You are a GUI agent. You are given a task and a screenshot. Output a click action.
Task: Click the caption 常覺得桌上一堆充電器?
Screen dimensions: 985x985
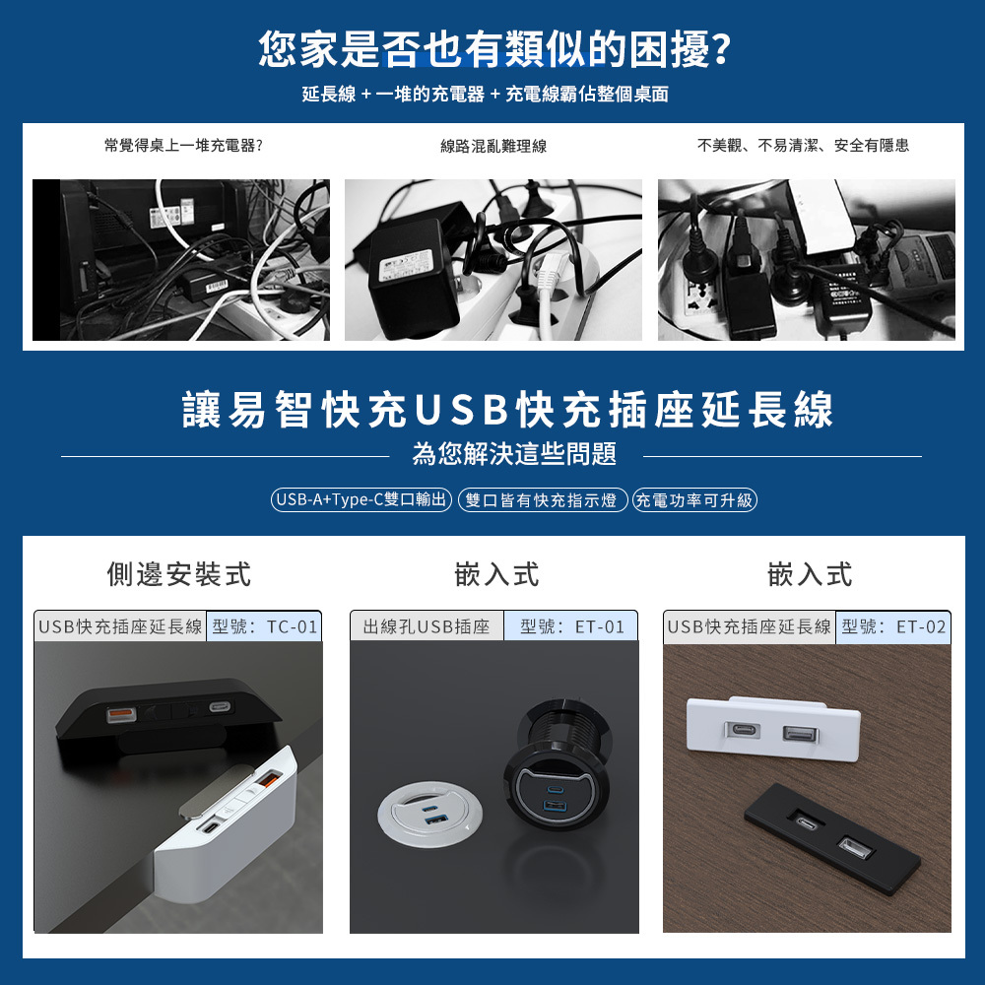pyautogui.click(x=183, y=146)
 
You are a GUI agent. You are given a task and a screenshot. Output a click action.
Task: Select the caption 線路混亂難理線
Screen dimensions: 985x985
pyautogui.click(x=492, y=146)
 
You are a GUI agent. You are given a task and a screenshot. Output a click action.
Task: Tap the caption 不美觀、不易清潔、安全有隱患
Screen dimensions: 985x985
pyautogui.click(x=803, y=146)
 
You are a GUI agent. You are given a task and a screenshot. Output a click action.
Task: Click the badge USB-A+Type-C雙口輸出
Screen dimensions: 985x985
pyautogui.click(x=361, y=500)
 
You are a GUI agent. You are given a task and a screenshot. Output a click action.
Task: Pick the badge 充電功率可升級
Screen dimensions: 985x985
pyautogui.click(x=694, y=500)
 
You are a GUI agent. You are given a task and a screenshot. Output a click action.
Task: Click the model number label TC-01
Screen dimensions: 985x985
pyautogui.click(x=264, y=626)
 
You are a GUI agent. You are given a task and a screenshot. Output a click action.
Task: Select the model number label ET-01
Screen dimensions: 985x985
pyautogui.click(x=571, y=626)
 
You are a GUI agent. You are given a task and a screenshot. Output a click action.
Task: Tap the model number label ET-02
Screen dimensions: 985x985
pyautogui.click(x=893, y=626)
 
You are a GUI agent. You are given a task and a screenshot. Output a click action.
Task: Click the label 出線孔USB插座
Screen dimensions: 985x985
pyautogui.click(x=427, y=626)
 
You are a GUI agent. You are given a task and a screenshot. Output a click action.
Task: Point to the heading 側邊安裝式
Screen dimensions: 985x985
pyautogui.click(x=178, y=573)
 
